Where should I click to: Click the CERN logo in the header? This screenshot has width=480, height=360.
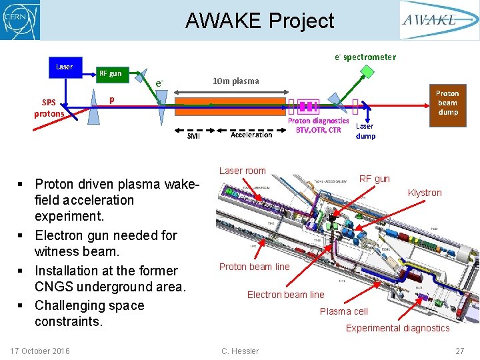pyautogui.click(x=21, y=20)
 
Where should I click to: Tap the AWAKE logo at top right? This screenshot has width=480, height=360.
pyautogui.click(x=438, y=20)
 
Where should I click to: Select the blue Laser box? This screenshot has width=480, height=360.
pyautogui.click(x=64, y=67)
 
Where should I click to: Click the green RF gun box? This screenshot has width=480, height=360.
pyautogui.click(x=110, y=74)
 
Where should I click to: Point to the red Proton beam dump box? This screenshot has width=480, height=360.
pyautogui.click(x=447, y=103)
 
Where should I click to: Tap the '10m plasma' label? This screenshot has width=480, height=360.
pyautogui.click(x=235, y=81)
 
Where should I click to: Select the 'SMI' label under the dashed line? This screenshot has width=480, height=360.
pyautogui.click(x=193, y=136)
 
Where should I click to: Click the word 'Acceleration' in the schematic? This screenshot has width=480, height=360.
pyautogui.click(x=251, y=135)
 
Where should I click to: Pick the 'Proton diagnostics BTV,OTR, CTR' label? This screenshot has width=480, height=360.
pyautogui.click(x=318, y=125)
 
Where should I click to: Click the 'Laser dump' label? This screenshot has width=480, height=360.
pyautogui.click(x=365, y=131)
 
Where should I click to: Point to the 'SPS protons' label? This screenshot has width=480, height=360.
pyautogui.click(x=49, y=108)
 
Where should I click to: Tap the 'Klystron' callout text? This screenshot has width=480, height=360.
pyautogui.click(x=425, y=193)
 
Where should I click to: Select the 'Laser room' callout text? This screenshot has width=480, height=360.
pyautogui.click(x=243, y=171)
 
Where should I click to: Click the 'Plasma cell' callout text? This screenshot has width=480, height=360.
pyautogui.click(x=343, y=311)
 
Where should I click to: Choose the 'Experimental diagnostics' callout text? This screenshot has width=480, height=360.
pyautogui.click(x=397, y=328)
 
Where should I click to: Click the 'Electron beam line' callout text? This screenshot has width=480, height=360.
pyautogui.click(x=285, y=295)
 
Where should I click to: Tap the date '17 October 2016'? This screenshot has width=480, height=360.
pyautogui.click(x=41, y=351)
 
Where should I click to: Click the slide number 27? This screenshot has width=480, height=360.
pyautogui.click(x=459, y=351)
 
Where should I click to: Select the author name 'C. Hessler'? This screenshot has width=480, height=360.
pyautogui.click(x=239, y=351)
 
